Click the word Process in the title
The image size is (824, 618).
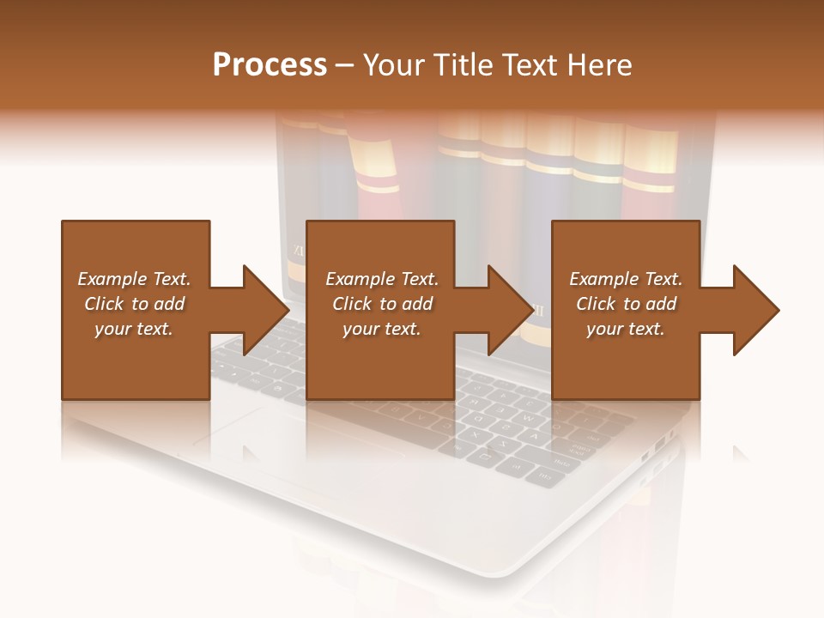(x=270, y=65)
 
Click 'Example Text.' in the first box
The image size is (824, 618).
(x=134, y=279)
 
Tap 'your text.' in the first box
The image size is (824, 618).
(x=134, y=329)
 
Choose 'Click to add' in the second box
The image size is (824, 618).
(x=382, y=304)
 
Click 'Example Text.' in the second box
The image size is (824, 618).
(x=382, y=279)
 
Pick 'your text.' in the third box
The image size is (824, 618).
(x=626, y=329)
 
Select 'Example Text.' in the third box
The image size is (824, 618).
(x=626, y=279)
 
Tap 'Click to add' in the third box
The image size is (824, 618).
(x=626, y=304)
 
